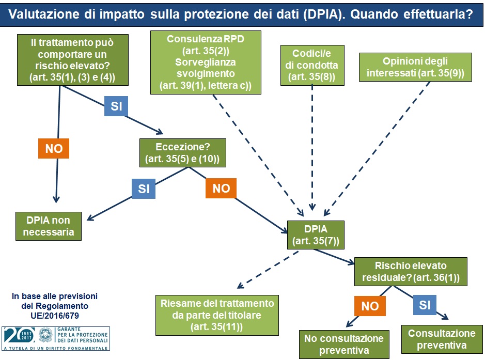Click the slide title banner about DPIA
pos(242,14)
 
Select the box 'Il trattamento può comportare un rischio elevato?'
pos(72,59)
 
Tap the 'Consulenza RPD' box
pos(206,62)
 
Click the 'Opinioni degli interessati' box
pos(416,67)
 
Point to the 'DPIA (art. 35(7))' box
pos(316,233)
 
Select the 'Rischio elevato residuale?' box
pos(411,272)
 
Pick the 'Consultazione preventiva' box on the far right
pos(441,339)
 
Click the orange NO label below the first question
pos(54,149)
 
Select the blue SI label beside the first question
pos(116,106)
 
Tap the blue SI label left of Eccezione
pos(144,189)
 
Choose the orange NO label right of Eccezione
pos(221,189)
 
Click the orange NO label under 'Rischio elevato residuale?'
pos(370,306)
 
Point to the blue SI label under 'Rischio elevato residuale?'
pos(425,305)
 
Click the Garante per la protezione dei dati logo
pos(56,338)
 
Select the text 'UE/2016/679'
pos(55,314)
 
